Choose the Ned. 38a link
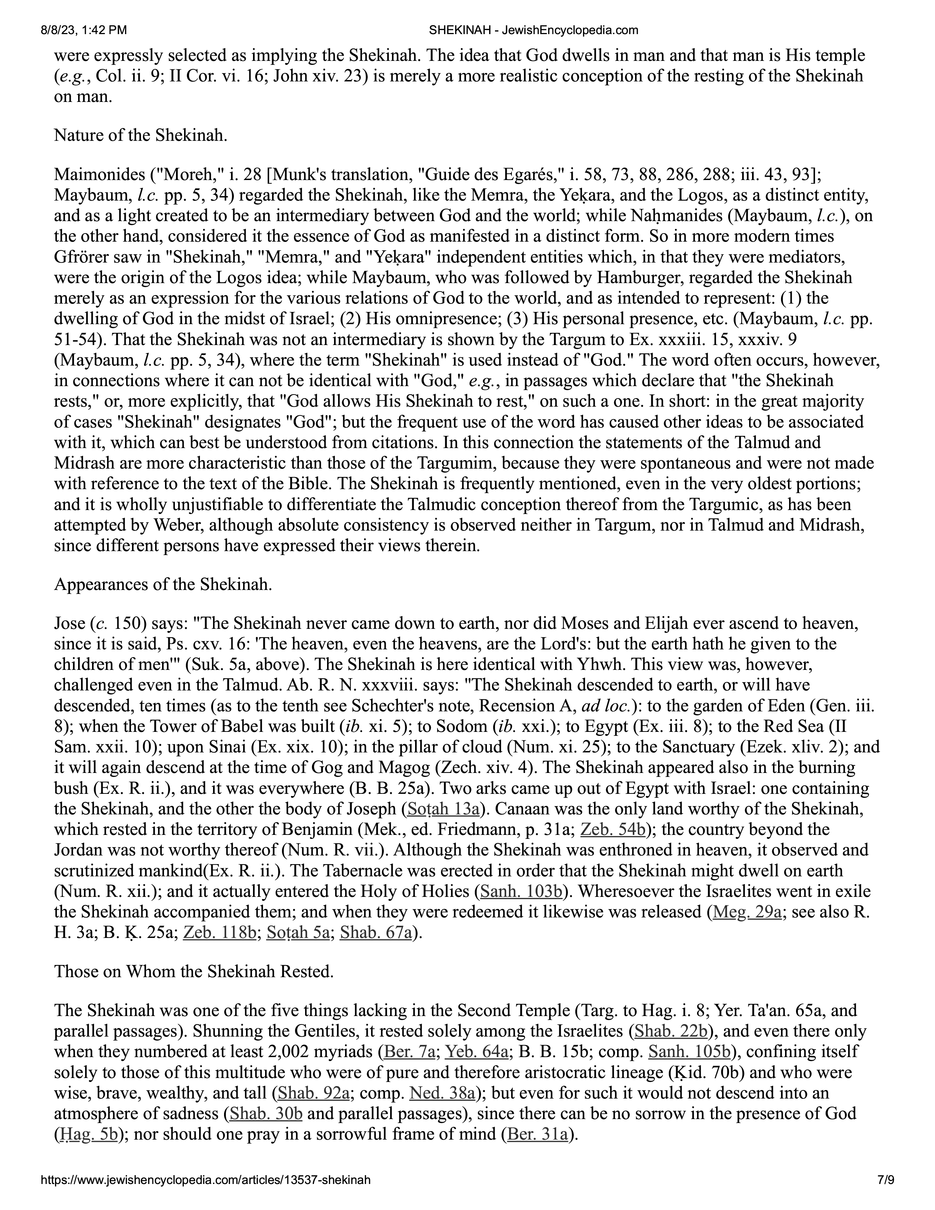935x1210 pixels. [x=442, y=1093]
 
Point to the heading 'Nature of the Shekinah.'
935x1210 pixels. [x=141, y=135]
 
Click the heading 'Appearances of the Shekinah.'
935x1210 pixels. [x=163, y=584]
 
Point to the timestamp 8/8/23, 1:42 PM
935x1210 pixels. [x=83, y=30]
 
